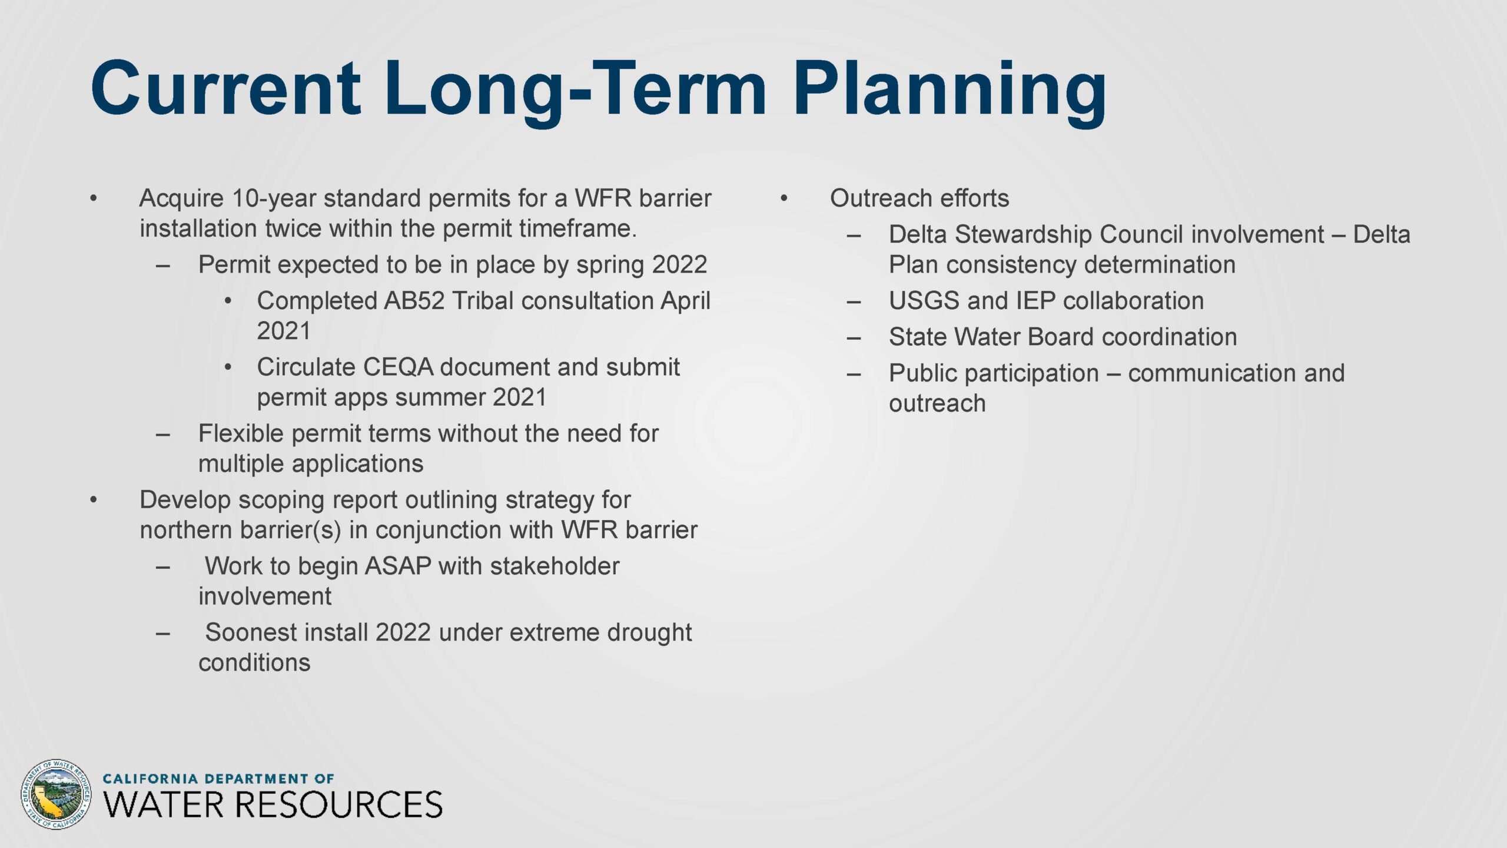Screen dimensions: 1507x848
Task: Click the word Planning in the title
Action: coord(950,93)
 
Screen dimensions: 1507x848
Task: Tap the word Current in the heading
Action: coord(225,88)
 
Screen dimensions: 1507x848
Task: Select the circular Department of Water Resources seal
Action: coord(56,794)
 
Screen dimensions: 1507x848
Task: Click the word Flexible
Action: coord(241,433)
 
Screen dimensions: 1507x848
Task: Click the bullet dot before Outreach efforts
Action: coord(784,198)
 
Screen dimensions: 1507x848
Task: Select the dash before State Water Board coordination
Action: coord(854,338)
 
